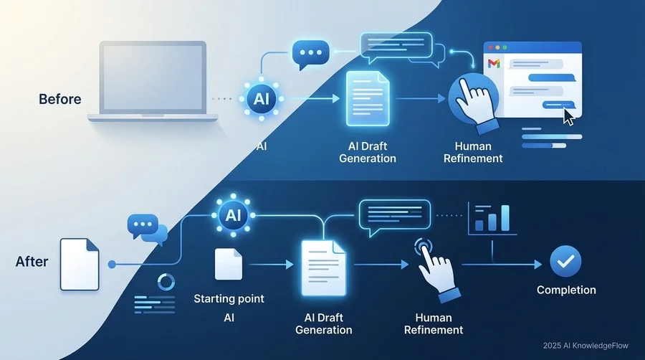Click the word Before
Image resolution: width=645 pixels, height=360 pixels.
click(60, 99)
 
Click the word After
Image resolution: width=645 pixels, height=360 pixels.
click(32, 262)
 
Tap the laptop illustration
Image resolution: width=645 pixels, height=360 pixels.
click(153, 81)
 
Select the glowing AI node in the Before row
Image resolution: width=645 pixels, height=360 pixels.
click(261, 99)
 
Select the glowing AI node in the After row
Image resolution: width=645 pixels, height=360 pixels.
click(233, 215)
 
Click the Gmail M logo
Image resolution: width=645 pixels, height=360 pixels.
click(494, 63)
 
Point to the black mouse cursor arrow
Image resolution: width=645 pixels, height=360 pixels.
click(568, 117)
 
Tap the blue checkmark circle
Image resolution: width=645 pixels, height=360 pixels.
click(565, 261)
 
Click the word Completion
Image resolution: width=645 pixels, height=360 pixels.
click(566, 290)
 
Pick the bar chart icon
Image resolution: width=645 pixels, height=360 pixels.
click(492, 219)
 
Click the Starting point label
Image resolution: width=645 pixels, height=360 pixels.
click(229, 299)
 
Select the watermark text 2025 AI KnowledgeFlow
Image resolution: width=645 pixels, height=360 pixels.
click(586, 346)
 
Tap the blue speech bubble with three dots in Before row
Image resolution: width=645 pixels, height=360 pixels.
click(310, 55)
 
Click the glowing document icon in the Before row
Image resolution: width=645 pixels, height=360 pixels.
click(368, 99)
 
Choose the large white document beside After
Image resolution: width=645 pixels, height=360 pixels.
click(80, 265)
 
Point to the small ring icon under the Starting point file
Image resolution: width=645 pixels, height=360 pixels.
click(166, 283)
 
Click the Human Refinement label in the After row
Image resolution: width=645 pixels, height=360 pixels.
click(434, 324)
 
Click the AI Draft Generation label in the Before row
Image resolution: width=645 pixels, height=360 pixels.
click(368, 152)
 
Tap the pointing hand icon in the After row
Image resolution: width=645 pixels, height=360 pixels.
click(436, 270)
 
